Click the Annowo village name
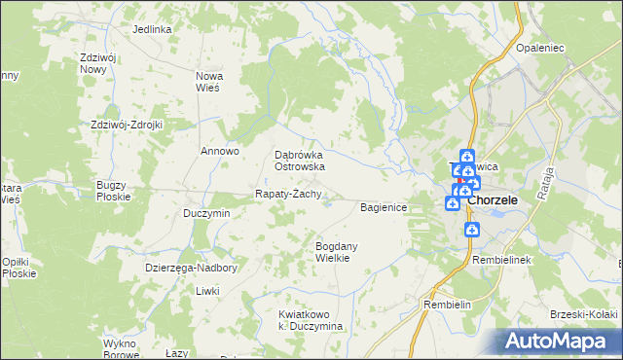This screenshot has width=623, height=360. pos(220,151)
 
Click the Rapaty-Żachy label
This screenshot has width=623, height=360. pos(288,194)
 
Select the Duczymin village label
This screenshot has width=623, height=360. pos(206,213)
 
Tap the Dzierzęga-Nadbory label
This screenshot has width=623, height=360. pos(191,267)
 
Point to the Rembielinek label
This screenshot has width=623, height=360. pos(500,262)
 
